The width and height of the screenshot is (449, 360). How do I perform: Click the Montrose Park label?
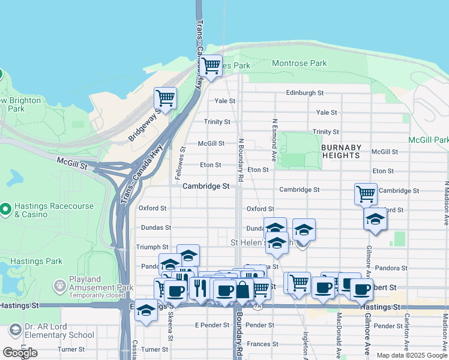coord(299,63)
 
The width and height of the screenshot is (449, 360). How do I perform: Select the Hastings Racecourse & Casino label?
coord(54,210)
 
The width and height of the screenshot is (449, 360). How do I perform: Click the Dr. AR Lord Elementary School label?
coord(59,331)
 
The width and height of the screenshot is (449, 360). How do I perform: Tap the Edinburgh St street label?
coord(304,93)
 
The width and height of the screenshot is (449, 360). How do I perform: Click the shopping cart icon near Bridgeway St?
coord(165,97)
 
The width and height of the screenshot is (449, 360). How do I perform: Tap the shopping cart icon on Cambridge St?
coord(366,194)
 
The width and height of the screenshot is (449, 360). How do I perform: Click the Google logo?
coord(20,353)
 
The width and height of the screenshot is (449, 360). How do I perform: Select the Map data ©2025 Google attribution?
coord(412,355)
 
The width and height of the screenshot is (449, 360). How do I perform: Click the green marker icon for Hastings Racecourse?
coord(6,209)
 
